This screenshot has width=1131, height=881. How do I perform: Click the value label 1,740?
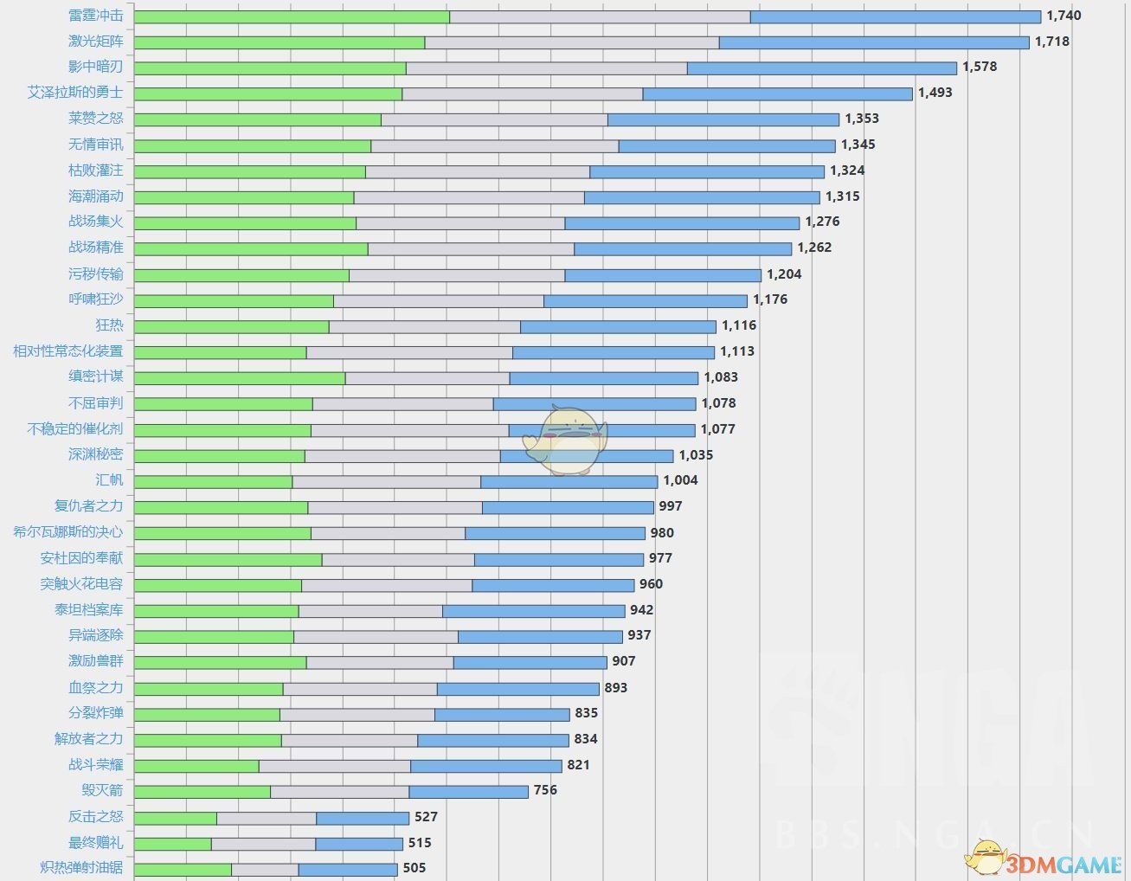coord(1064,16)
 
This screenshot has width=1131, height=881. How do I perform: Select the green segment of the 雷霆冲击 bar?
coord(292,16)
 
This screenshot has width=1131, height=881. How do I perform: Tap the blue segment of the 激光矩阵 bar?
coord(874,42)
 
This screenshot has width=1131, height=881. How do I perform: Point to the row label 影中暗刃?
coord(96,67)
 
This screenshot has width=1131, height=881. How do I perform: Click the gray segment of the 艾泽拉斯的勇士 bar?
coord(523,93)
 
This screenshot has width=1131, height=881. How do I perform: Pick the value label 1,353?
coord(862,119)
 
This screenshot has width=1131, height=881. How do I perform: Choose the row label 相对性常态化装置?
coord(68,351)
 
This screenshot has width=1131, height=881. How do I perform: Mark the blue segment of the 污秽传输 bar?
coord(663,275)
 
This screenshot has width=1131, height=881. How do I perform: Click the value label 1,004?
coord(680,480)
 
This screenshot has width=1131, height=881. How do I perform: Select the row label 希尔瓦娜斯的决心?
coord(68,532)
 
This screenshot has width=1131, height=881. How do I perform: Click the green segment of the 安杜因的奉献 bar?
coord(228,560)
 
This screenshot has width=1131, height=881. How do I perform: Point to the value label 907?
coord(624,661)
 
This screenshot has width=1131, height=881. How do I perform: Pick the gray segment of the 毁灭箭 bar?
coord(340,792)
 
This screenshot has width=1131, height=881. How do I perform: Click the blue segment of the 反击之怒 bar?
coord(363,818)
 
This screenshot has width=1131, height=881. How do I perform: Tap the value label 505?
coord(414,868)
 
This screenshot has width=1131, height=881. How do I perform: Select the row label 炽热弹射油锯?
coord(82,868)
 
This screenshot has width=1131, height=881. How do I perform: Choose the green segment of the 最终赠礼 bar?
coord(173,844)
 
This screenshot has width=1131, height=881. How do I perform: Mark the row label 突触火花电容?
coord(82,584)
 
